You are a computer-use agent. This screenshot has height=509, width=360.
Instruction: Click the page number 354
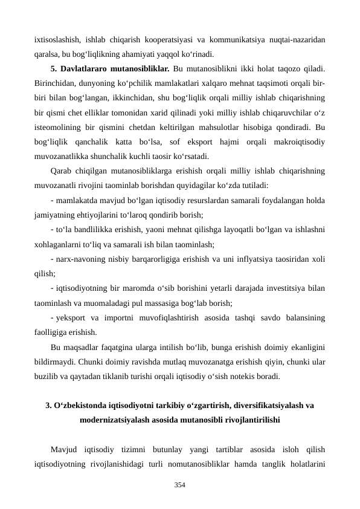(x=180, y=485)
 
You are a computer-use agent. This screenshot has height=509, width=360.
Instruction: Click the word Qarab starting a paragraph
(x=62, y=170)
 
